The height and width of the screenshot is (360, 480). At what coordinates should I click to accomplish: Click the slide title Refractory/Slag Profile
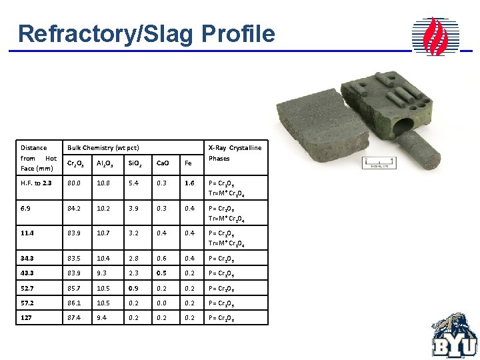point(146,33)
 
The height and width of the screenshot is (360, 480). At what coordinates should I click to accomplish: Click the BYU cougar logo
point(455,336)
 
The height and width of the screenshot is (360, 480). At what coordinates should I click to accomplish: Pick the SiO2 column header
point(134,163)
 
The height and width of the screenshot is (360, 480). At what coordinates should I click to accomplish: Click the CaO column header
point(163,163)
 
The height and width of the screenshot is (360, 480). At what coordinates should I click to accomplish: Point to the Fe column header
point(188,163)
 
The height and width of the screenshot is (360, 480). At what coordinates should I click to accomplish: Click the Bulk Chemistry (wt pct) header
point(103,147)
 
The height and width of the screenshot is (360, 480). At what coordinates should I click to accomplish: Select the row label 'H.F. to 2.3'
point(37,183)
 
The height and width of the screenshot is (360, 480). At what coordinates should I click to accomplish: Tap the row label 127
point(27,318)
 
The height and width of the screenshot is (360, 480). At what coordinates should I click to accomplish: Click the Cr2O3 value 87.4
point(76,318)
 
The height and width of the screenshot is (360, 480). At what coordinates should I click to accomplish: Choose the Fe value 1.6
point(189,183)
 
